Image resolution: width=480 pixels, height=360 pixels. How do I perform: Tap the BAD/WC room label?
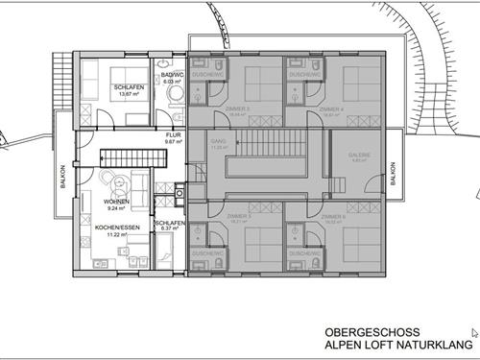click(173, 78)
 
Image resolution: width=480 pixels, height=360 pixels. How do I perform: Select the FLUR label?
click(173, 136)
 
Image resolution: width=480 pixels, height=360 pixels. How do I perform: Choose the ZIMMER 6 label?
click(332, 217)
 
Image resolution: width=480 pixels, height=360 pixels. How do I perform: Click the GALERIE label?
click(358, 157)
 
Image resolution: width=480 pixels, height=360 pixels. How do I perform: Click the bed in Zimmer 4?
click(348, 79)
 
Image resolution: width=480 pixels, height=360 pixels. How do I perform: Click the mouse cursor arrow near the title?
click(447, 333)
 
